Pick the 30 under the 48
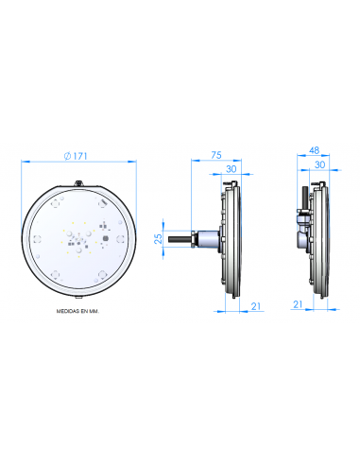tap(321, 164)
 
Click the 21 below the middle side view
tap(256, 304)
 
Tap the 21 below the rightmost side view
tap(298, 304)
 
